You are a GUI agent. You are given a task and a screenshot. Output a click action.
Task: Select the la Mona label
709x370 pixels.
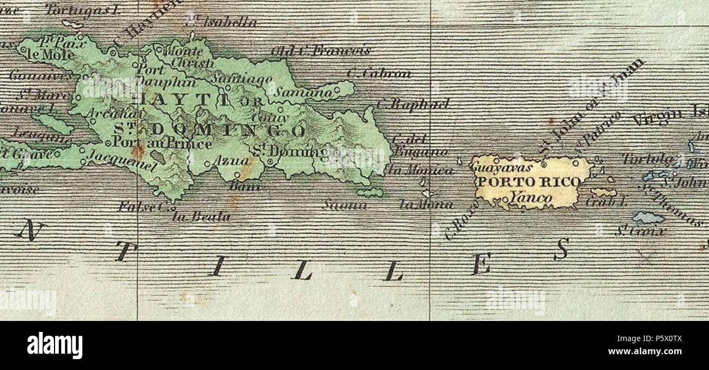tap(426, 205)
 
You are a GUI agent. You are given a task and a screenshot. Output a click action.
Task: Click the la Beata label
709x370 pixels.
tap(201, 217)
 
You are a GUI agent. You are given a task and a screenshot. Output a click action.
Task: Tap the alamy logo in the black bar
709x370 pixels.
tap(55, 345)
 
